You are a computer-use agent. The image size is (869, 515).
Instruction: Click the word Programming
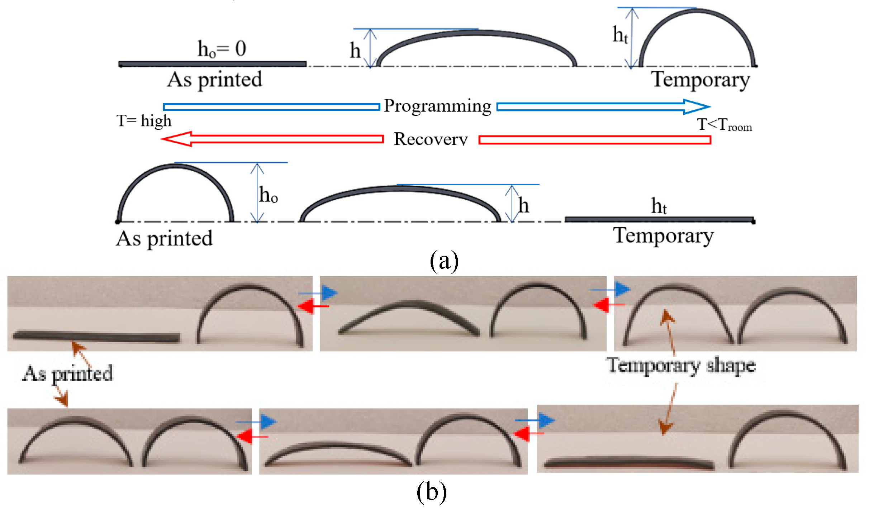(x=437, y=106)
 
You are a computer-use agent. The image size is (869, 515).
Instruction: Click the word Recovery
(x=431, y=139)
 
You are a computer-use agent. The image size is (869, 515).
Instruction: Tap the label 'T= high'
(x=144, y=121)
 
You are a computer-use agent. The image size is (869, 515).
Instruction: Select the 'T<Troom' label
(x=724, y=125)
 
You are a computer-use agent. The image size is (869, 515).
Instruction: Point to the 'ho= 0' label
(x=222, y=49)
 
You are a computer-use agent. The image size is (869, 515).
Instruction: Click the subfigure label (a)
(x=444, y=261)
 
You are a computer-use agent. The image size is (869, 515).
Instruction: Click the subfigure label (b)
(x=431, y=492)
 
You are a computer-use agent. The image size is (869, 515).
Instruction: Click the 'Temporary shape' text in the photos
(x=680, y=366)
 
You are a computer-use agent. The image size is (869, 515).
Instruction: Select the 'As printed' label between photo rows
(x=68, y=373)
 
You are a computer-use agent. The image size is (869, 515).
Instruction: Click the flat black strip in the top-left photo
(x=96, y=337)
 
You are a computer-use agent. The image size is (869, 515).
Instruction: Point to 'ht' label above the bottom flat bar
(x=659, y=206)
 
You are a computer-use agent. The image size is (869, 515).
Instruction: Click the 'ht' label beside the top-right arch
(x=620, y=35)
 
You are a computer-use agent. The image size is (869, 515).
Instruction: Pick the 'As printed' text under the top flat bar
(x=214, y=80)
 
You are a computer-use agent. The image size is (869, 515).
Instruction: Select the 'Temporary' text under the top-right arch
(x=700, y=80)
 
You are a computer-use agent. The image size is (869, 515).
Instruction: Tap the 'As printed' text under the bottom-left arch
(x=164, y=239)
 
